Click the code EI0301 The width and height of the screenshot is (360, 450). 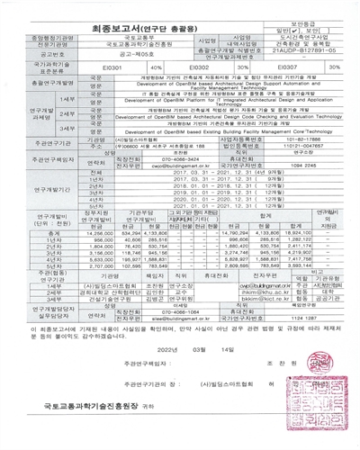[112, 67]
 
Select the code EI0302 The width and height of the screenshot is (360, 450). [198, 67]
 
